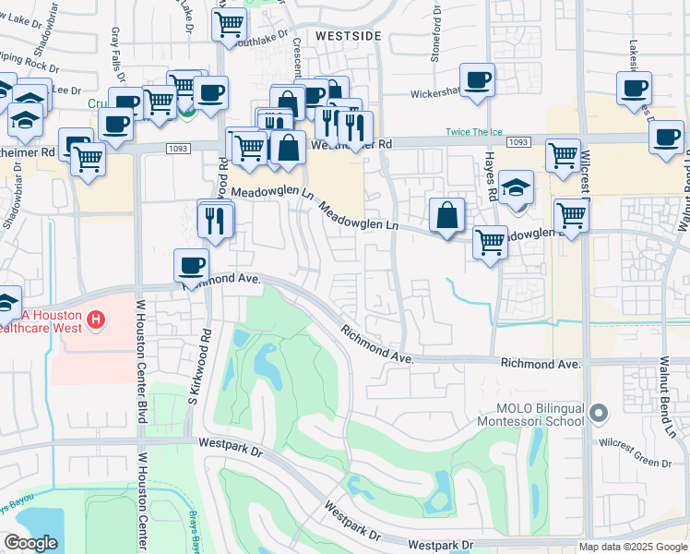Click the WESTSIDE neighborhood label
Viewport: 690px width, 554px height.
[x=348, y=35]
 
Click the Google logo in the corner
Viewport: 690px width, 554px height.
[x=30, y=543]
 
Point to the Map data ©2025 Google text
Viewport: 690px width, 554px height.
[x=633, y=547]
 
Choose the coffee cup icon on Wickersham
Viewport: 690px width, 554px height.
[x=477, y=81]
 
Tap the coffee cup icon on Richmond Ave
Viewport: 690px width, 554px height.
[x=192, y=266]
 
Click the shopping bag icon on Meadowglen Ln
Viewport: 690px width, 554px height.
[x=446, y=216]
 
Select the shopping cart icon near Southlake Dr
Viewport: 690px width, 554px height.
[x=229, y=23]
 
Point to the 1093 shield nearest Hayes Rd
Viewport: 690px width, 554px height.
[x=519, y=142]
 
